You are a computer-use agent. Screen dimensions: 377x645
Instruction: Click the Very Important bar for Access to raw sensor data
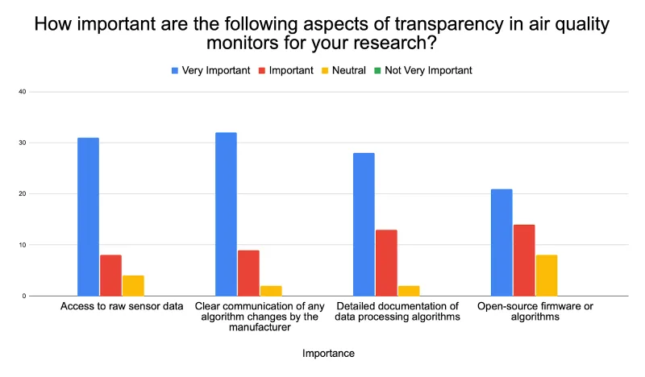(88, 217)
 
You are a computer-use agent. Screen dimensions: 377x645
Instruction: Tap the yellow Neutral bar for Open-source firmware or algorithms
(547, 275)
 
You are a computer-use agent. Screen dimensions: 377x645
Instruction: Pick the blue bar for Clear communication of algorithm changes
(226, 214)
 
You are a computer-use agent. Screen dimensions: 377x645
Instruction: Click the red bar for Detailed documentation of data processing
(386, 263)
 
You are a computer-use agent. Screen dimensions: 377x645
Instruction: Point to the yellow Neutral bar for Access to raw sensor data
(133, 286)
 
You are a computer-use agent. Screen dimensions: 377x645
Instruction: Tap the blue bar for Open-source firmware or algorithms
(501, 242)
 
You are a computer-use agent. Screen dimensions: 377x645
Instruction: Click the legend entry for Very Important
(211, 70)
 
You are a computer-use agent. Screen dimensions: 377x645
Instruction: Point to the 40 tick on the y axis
(23, 92)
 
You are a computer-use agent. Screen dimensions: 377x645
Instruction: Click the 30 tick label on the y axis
(23, 143)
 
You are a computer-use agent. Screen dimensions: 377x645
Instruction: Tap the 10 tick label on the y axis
(23, 245)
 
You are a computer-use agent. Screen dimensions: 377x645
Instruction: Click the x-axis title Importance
(328, 353)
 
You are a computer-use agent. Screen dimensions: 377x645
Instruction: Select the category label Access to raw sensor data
(122, 306)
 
